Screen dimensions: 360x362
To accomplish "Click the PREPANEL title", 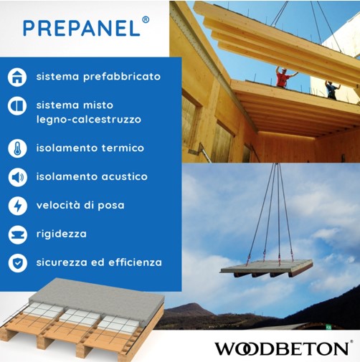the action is click(82, 28).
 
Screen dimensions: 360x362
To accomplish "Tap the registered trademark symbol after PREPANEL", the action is click(146, 20).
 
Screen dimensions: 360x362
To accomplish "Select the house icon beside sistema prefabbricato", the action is click(17, 77).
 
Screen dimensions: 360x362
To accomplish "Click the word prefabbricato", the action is click(122, 77).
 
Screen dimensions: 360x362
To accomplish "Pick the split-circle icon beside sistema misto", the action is click(17, 105).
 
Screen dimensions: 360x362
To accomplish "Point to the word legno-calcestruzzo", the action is click(89, 120).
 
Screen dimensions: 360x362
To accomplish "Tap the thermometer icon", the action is click(17, 148).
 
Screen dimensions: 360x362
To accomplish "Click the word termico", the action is click(123, 148).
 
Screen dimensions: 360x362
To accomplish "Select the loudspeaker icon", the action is click(17, 177).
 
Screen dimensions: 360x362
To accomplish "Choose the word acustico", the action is click(125, 177).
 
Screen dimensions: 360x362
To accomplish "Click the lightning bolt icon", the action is click(17, 206).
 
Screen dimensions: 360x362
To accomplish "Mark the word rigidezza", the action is click(62, 234).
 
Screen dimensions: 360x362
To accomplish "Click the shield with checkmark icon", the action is click(17, 263).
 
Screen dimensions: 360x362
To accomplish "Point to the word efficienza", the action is click(136, 262).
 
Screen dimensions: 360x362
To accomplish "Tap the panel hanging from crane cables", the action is click(267, 268).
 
